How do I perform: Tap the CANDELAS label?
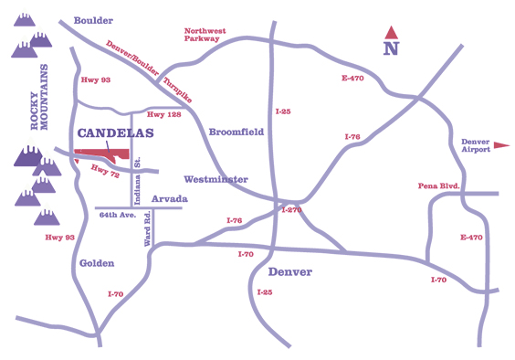point(114,133)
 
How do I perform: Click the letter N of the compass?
point(391,49)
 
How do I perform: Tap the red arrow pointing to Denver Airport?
point(501,145)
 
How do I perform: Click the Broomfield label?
point(236,132)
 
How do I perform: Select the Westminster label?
point(215,178)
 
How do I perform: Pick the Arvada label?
point(170,198)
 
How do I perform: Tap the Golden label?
point(96,262)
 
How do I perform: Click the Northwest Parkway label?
point(206,35)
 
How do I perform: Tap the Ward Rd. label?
point(146,231)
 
